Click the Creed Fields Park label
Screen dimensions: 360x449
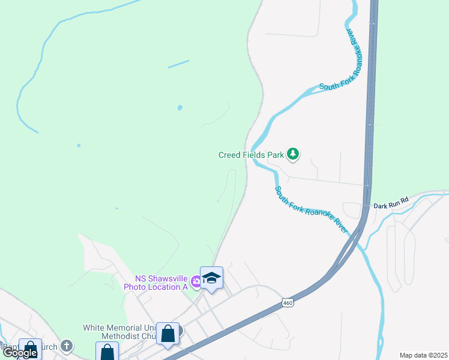pyautogui.click(x=250, y=155)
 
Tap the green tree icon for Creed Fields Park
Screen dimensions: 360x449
pyautogui.click(x=293, y=154)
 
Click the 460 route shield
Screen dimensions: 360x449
pyautogui.click(x=289, y=303)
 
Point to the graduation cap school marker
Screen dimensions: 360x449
pyautogui.click(x=211, y=278)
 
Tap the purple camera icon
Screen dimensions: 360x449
pyautogui.click(x=196, y=281)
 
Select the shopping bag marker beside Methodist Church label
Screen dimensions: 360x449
pyautogui.click(x=168, y=334)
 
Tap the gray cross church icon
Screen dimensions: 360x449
pyautogui.click(x=67, y=346)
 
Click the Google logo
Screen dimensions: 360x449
pyautogui.click(x=20, y=353)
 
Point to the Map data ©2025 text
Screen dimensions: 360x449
pyautogui.click(x=423, y=355)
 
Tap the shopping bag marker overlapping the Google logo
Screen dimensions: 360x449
pyautogui.click(x=30, y=350)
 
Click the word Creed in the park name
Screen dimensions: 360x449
pyautogui.click(x=230, y=155)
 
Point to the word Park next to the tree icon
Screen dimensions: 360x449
pyautogui.click(x=275, y=155)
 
